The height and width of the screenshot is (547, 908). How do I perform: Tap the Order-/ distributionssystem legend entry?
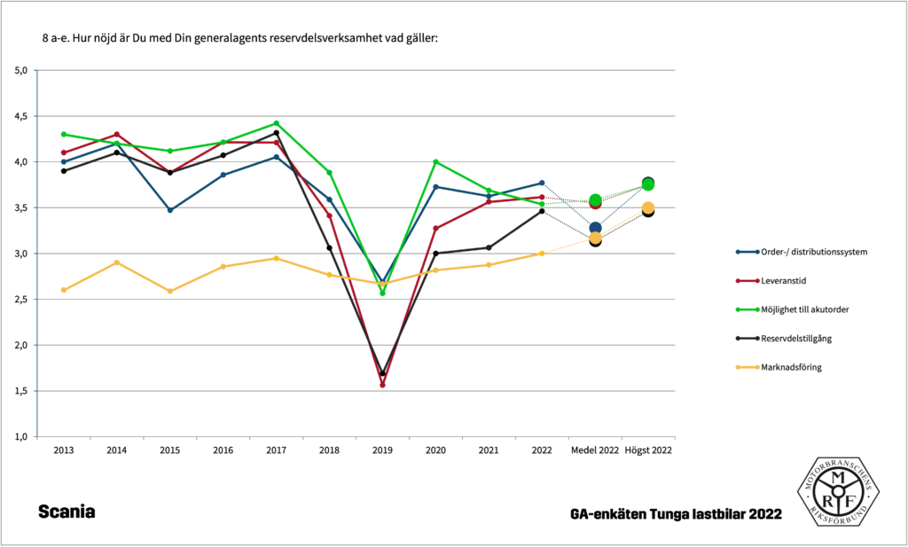click(x=813, y=251)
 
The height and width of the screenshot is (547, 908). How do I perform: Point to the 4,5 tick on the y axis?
click(x=21, y=116)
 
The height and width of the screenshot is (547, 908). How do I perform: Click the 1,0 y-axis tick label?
click(x=21, y=437)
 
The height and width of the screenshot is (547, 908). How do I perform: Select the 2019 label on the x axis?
click(x=382, y=450)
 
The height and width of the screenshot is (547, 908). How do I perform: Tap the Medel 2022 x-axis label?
click(x=595, y=450)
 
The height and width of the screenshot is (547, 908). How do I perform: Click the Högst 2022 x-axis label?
click(x=648, y=450)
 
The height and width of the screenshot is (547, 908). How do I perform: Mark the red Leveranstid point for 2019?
click(x=382, y=385)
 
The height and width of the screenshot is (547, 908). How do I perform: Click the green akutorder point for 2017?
click(x=276, y=123)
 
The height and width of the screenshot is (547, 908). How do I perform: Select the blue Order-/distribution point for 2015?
click(x=170, y=210)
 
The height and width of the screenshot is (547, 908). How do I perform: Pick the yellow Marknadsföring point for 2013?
click(x=64, y=290)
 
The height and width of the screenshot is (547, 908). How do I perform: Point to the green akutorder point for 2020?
click(x=435, y=161)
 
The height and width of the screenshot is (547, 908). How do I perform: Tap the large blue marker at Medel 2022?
click(x=595, y=228)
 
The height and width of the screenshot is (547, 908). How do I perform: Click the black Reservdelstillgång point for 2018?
click(x=329, y=247)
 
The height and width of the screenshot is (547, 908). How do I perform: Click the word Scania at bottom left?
click(x=67, y=512)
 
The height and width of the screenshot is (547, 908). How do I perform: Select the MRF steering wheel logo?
click(x=837, y=491)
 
